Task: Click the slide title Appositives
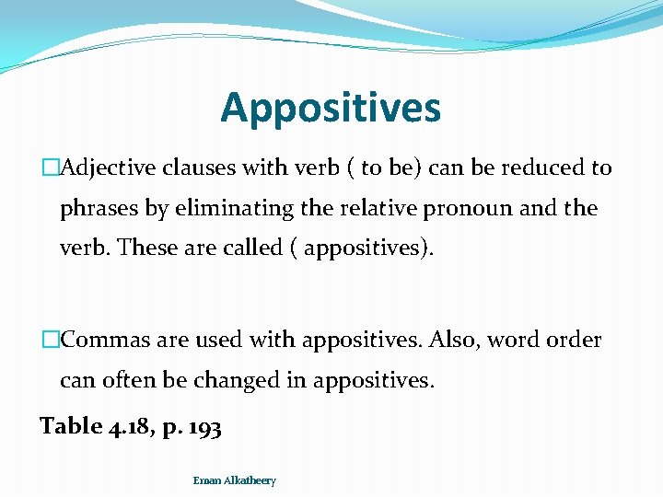pyautogui.click(x=331, y=108)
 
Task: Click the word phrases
pyautogui.click(x=99, y=209)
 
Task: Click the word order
pyautogui.click(x=571, y=340)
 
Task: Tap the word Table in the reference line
pyautogui.click(x=71, y=426)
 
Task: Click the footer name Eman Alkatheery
pyautogui.click(x=234, y=480)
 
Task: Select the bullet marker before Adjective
pyautogui.click(x=50, y=168)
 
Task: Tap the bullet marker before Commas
pyautogui.click(x=50, y=341)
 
